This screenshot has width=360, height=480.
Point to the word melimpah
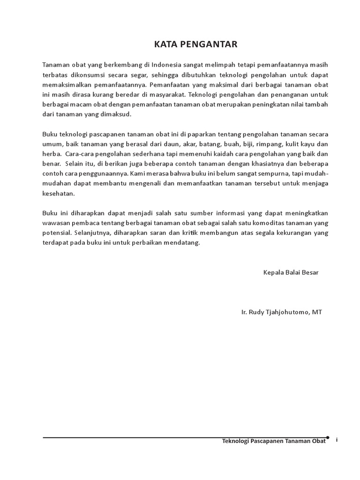coord(217,65)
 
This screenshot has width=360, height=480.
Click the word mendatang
coord(183,243)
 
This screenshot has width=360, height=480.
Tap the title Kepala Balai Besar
coord(291,272)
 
